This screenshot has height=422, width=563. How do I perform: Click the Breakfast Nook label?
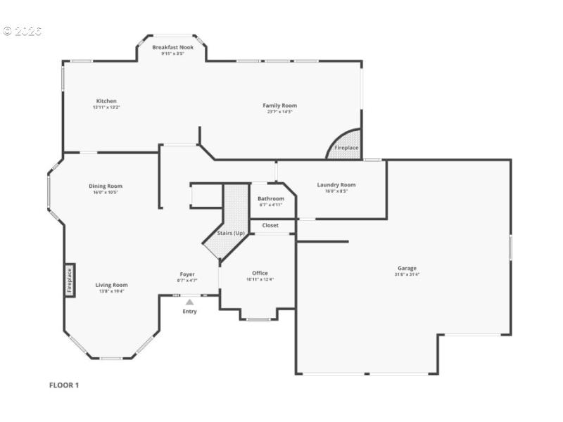(x=172, y=47)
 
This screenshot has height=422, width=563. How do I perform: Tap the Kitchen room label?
(x=106, y=101)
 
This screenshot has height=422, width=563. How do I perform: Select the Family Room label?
(x=279, y=105)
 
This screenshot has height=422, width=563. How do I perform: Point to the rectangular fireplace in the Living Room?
(x=70, y=280)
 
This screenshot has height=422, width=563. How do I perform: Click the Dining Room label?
(x=105, y=186)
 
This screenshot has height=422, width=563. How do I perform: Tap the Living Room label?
(x=111, y=285)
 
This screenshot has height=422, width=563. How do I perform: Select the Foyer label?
(x=187, y=274)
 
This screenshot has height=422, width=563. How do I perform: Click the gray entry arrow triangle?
(x=189, y=302)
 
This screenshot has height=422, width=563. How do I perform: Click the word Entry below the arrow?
(x=190, y=312)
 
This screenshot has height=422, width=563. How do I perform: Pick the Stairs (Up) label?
(x=231, y=233)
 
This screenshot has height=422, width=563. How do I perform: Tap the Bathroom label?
(x=271, y=199)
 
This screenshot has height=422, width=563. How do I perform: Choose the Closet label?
(x=270, y=225)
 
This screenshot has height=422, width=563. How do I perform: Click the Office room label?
(x=260, y=273)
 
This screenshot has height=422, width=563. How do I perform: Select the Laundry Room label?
(x=336, y=185)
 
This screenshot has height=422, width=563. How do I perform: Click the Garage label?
(x=407, y=268)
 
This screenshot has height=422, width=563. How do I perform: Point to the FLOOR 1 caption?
(x=64, y=385)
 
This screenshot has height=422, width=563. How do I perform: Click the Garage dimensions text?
(x=407, y=274)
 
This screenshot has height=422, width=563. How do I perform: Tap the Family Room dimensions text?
(x=279, y=112)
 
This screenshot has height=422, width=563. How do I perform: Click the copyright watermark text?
(x=22, y=31)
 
